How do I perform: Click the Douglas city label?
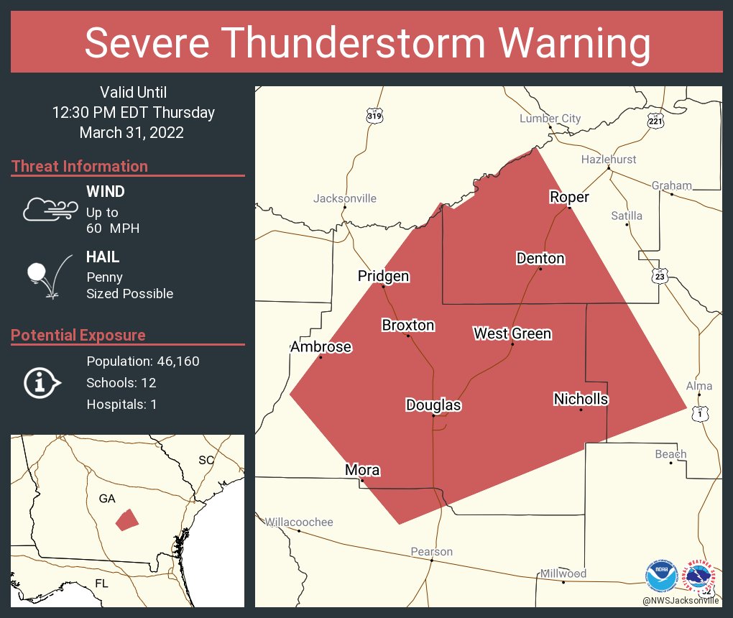[433, 405]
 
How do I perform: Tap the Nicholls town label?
[581, 399]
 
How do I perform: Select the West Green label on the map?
[512, 333]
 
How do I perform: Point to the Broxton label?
[407, 326]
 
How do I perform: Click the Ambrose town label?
[321, 347]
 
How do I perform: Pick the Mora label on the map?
[362, 471]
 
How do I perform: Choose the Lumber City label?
[550, 119]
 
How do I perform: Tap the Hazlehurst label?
[609, 159]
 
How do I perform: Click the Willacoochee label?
[300, 522]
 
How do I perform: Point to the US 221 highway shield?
[655, 121]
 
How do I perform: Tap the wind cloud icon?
[49, 209]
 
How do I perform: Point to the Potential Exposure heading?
[78, 335]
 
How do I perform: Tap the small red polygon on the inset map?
[127, 520]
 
